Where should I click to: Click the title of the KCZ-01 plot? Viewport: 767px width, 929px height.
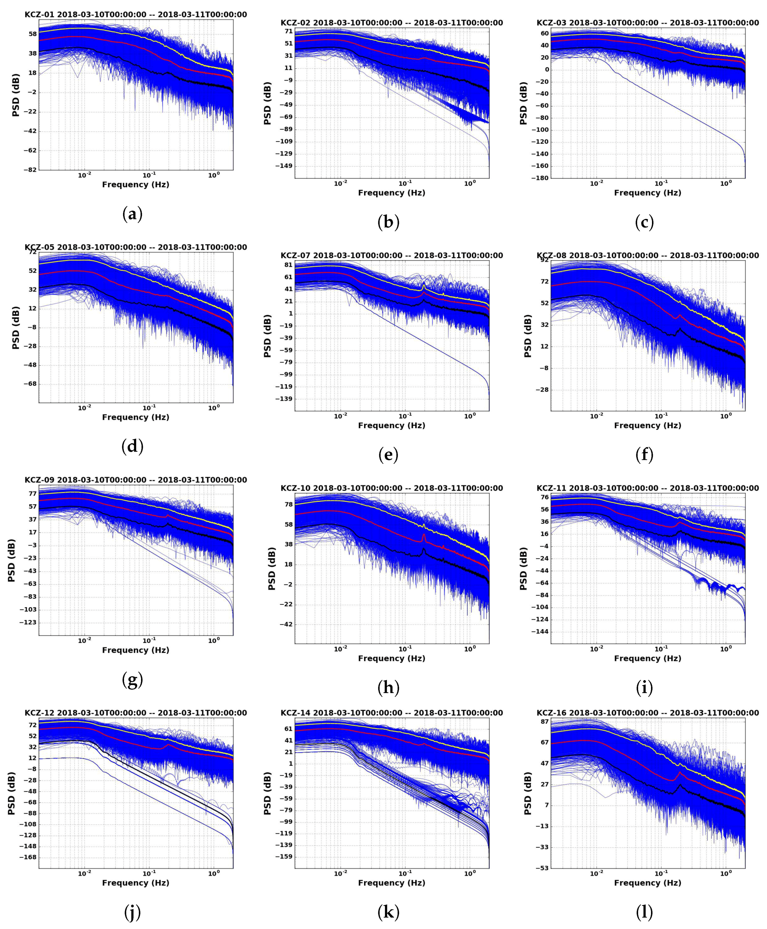pos(135,15)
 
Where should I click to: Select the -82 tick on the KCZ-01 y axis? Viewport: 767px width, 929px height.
pos(30,170)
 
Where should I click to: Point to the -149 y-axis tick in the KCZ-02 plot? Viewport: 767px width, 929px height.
pos(284,166)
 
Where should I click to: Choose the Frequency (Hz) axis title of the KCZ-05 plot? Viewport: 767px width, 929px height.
pos(135,417)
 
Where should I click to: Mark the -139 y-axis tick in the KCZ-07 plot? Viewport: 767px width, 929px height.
pos(284,399)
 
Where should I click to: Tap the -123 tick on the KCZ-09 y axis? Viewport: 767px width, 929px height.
pos(28,622)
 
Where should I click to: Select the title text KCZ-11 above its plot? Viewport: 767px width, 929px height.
pos(552,488)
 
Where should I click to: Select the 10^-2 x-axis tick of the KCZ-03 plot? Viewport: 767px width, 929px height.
pos(596,184)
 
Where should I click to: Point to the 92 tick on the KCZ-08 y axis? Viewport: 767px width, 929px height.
pos(544,260)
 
